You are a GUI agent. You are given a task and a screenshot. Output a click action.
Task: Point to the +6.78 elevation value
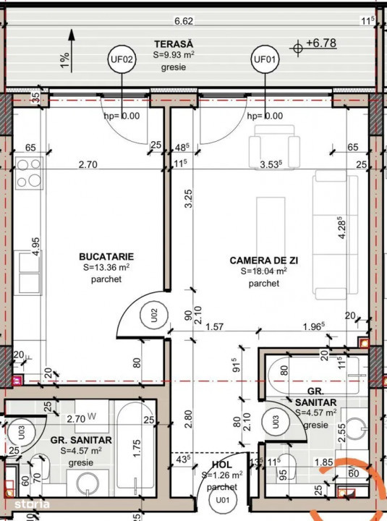coord(321,43)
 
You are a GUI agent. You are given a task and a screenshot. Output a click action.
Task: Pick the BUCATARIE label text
coord(106,256)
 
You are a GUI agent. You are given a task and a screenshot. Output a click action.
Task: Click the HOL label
coord(222,465)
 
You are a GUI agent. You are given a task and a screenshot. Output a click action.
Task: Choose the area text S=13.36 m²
coord(106,268)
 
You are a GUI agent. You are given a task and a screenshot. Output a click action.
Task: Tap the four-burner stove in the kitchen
coord(29,174)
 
